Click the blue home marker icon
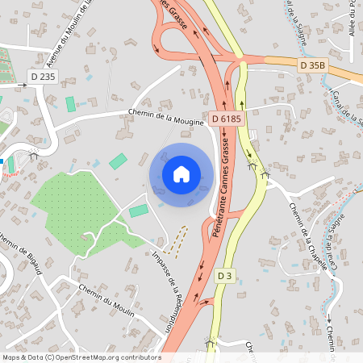coord(181,174)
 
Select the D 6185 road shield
coord(226,119)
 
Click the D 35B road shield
coord(312,65)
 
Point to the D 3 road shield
coord(226,276)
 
